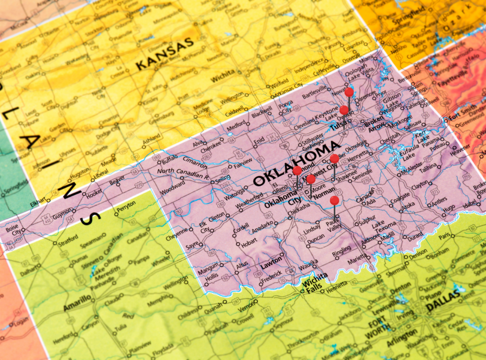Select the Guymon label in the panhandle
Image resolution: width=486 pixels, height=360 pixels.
point(64,214)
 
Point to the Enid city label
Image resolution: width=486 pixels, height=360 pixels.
point(258,141)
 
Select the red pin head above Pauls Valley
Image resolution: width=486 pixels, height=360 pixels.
point(334,200)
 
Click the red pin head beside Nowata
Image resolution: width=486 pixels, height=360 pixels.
point(349,92)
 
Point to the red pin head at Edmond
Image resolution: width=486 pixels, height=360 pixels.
point(297,170)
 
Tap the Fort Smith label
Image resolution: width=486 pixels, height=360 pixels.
point(459,116)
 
